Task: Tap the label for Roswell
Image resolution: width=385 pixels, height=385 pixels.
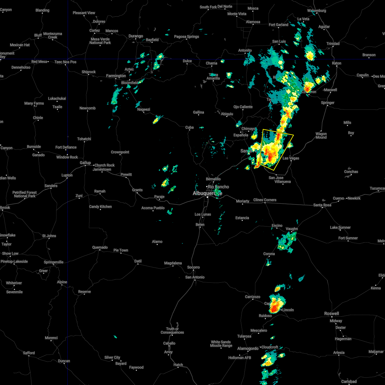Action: pos(331,313)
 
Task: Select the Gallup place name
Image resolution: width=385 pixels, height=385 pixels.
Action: pos(85,163)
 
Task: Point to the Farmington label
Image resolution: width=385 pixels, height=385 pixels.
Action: pos(116,76)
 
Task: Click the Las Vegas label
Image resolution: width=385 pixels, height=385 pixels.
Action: pos(291,158)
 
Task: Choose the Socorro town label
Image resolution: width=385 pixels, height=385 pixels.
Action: pos(193,267)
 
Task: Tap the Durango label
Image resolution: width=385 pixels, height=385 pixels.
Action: pos(136,36)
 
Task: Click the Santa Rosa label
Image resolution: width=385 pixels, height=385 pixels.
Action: pos(322,205)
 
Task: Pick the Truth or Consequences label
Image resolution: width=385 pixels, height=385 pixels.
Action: pos(172,330)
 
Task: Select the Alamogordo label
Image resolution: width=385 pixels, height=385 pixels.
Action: pos(248,348)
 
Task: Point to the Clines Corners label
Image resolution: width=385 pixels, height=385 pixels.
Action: pos(265,200)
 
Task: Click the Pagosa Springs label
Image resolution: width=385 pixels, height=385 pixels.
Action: pos(186,37)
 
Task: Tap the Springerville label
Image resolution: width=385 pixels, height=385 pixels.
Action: pos(54,262)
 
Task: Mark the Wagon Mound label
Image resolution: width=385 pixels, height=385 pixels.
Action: pos(321,136)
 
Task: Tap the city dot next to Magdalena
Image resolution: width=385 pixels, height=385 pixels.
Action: pos(173,266)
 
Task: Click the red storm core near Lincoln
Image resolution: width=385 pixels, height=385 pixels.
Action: pos(274,308)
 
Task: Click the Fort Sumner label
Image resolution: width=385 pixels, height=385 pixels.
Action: pos(348,238)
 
